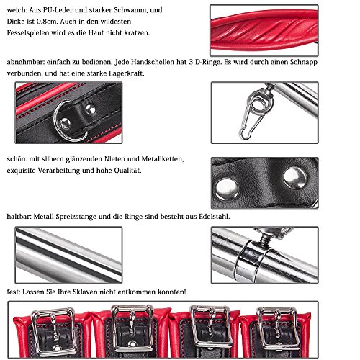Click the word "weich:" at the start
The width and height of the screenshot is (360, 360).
[x=17, y=10]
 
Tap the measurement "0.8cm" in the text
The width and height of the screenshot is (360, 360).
[x=46, y=22]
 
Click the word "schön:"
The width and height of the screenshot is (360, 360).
[x=17, y=159]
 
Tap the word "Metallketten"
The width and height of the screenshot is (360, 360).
[x=162, y=159]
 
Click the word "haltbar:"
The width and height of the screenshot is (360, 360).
[x=19, y=217]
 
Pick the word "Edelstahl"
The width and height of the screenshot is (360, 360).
[x=214, y=217]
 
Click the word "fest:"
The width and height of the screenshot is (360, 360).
[x=14, y=292]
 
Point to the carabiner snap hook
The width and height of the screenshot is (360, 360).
[x=250, y=121]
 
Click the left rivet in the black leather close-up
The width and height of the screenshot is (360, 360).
[x=226, y=189]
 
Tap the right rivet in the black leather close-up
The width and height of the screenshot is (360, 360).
[x=295, y=179]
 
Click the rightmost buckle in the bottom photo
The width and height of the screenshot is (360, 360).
[x=279, y=328]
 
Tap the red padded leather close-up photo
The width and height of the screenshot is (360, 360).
[x=264, y=30]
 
